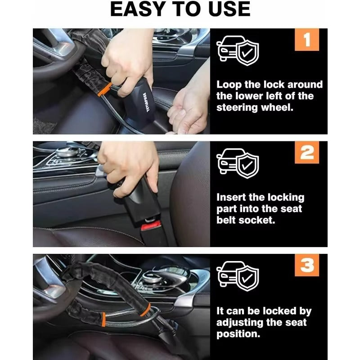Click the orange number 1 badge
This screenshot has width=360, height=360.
307,40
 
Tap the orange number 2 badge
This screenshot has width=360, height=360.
307,153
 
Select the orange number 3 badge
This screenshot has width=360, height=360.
307,265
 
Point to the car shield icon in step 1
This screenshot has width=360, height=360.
238,50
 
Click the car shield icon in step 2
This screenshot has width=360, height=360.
238,163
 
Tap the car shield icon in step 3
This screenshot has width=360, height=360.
238,276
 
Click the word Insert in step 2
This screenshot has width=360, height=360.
231,198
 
